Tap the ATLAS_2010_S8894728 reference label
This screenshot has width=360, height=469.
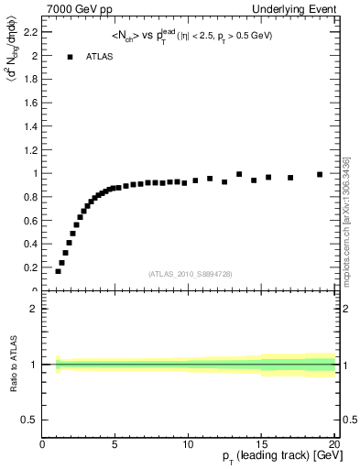pyautogui.click(x=190, y=274)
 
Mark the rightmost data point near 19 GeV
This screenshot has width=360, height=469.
pyautogui.click(x=320, y=174)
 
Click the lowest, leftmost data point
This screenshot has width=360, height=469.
pyautogui.click(x=58, y=271)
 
